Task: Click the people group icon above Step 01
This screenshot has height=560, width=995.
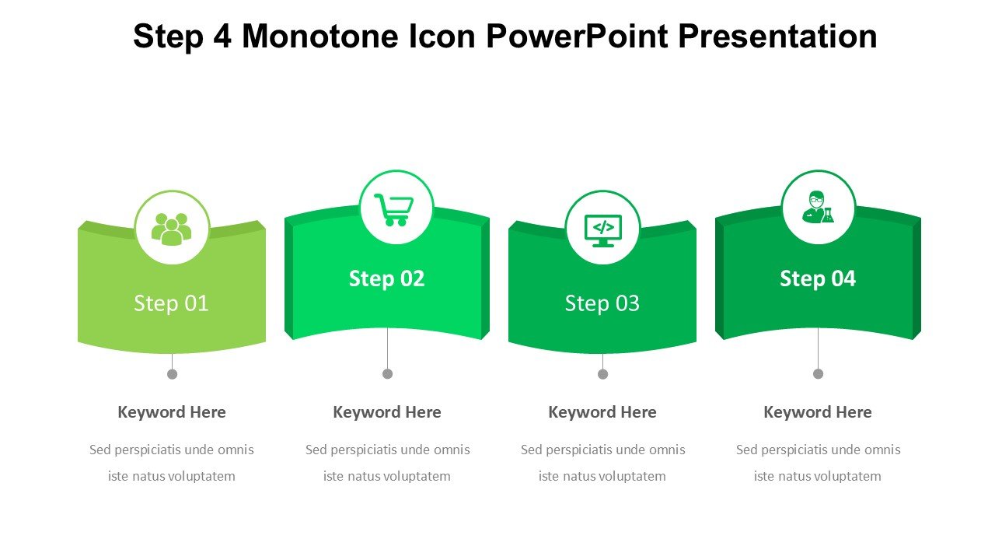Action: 172,229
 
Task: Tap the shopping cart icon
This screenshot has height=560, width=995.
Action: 394,210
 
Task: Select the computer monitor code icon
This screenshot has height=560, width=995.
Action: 602,231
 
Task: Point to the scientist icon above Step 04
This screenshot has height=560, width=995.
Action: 819,207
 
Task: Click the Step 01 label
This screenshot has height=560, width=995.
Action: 171,303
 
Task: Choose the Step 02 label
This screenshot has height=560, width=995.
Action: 387,279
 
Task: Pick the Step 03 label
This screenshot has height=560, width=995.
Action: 602,303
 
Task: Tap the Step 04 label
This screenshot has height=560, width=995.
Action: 818,279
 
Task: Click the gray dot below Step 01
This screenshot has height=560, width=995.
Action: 173,374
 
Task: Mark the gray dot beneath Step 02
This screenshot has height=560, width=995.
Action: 387,374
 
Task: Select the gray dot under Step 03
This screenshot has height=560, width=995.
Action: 602,374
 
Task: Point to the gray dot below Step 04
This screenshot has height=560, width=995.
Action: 819,374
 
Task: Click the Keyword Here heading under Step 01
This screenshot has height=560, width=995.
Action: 172,412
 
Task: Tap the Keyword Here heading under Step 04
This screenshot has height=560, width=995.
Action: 818,412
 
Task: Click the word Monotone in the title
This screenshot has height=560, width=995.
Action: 320,36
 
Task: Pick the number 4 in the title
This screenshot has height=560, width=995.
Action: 222,36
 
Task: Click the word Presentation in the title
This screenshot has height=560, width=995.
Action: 778,36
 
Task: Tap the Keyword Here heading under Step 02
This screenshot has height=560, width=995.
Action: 387,412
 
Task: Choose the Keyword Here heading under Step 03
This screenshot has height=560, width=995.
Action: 602,412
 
